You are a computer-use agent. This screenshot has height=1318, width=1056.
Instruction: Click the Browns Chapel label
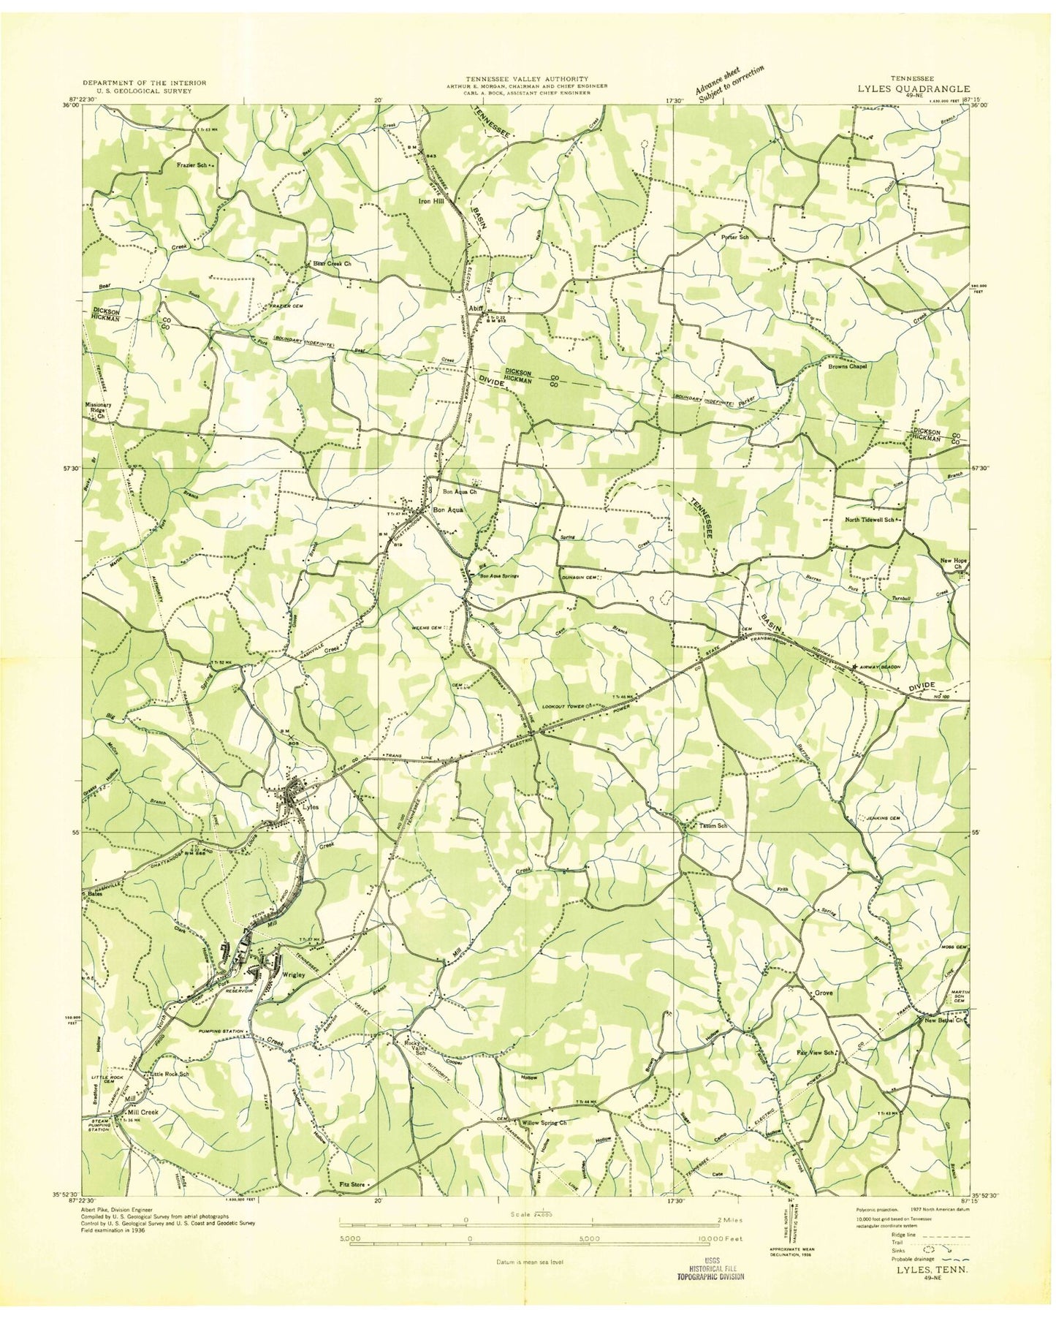847,366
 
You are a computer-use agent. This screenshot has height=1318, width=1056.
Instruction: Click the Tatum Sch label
713,826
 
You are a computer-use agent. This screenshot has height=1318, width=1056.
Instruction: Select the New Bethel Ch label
945,1020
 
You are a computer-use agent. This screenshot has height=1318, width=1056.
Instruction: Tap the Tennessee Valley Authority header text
528,78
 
